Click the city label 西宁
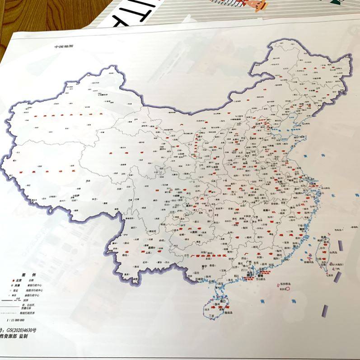point(159,147)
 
